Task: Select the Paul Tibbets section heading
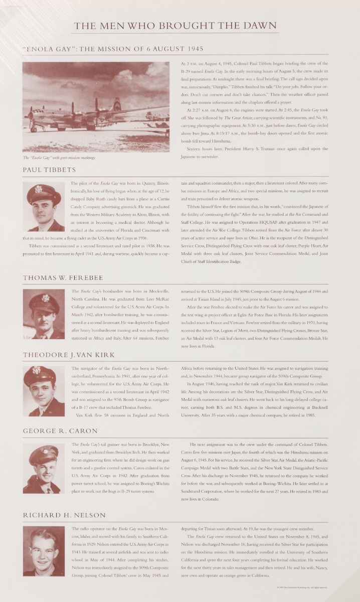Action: tap(49, 170)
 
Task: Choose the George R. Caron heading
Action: tap(61, 431)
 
